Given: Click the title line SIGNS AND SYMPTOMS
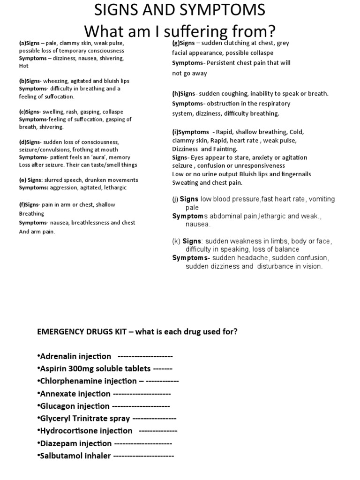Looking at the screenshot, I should (180, 10).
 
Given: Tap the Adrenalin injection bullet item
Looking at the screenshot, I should (75, 356).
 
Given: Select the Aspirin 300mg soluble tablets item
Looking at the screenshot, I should (94, 368).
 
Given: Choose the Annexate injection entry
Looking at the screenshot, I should (75, 394).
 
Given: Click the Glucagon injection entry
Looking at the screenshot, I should (75, 406).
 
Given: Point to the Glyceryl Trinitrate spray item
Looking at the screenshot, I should (85, 419).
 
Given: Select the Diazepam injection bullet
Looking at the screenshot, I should (75, 443).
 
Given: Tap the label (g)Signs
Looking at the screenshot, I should (183, 43).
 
